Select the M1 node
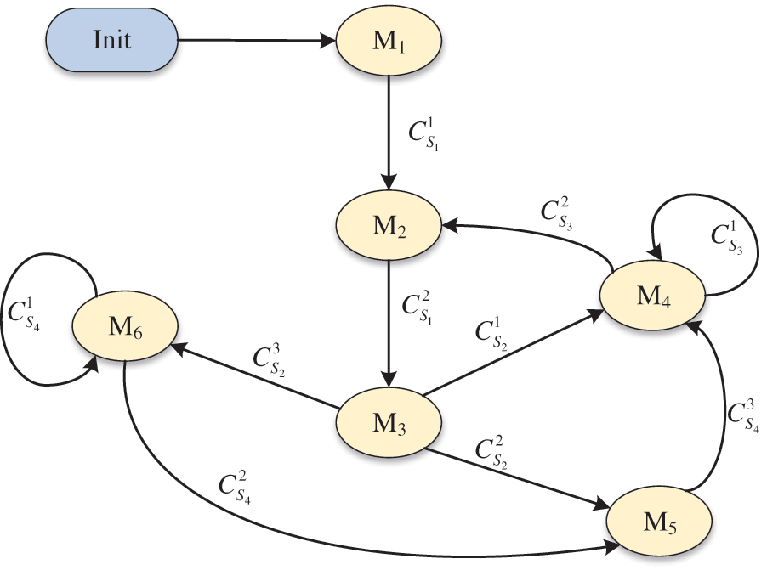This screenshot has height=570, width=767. click(x=389, y=41)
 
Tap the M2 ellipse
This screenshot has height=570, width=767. click(x=389, y=227)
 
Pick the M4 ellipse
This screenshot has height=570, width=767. click(x=653, y=294)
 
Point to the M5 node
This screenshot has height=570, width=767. click(x=656, y=517)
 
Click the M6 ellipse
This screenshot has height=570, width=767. click(x=124, y=326)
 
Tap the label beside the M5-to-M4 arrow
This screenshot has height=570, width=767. click(x=742, y=414)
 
